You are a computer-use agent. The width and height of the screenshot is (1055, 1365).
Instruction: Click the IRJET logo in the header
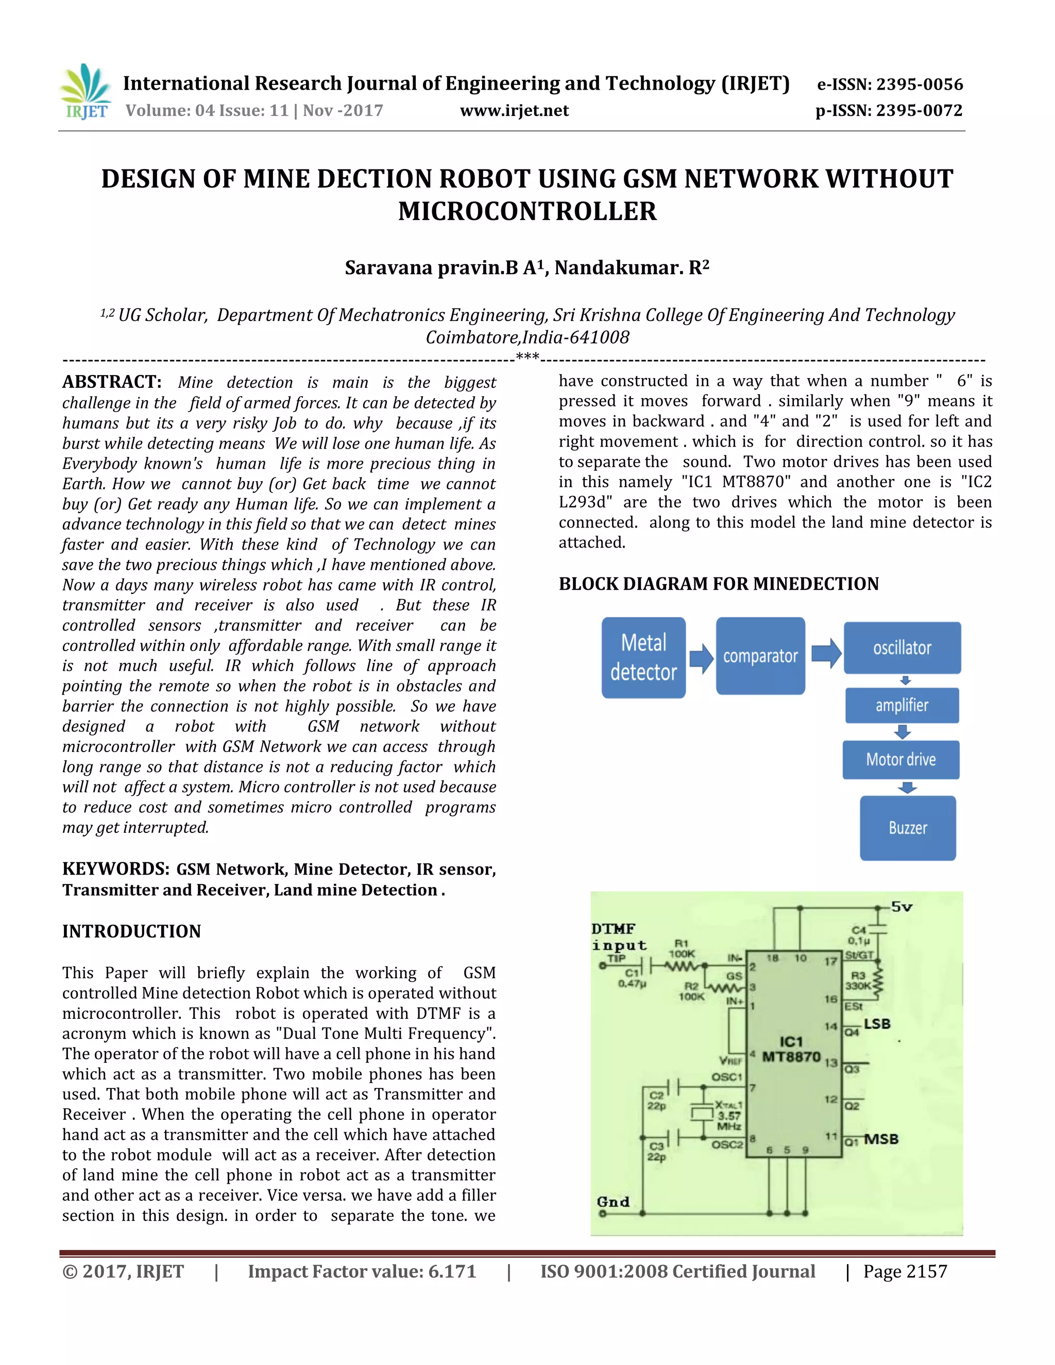86,92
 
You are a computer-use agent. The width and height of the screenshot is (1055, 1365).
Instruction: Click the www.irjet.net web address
515,111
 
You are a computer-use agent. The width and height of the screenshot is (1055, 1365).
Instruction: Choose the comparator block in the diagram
760,656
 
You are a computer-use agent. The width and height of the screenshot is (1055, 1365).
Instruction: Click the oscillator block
902,647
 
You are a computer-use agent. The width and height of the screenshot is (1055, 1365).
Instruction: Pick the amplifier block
902,705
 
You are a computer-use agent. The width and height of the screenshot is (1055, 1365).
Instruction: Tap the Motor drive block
900,759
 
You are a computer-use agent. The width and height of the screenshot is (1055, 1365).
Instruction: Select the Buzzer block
908,828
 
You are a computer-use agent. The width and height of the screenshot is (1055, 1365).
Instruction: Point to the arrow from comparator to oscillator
826,653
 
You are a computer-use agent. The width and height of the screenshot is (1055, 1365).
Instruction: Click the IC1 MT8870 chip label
791,1049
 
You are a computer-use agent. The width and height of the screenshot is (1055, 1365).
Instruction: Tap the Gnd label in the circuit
612,1202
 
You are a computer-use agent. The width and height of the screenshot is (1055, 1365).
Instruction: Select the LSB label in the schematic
877,1024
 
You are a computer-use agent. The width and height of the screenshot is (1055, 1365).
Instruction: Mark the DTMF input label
619,937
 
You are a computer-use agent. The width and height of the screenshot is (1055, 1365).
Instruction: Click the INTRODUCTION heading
131,931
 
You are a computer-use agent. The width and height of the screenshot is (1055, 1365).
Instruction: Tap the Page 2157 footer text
905,1271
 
